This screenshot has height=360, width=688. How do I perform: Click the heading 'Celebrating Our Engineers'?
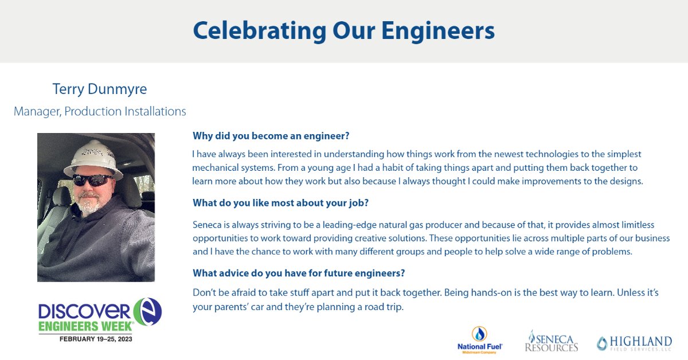343,30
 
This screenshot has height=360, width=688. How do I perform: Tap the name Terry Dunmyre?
100,89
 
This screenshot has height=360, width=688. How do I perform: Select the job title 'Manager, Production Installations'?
100,111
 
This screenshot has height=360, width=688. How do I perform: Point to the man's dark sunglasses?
92,179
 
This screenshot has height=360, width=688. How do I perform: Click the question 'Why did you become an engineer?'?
271,136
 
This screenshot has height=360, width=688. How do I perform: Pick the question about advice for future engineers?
299,272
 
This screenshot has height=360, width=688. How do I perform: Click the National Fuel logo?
480,341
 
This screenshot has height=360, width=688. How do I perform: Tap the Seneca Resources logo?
551,341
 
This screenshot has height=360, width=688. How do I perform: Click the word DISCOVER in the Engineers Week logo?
84,312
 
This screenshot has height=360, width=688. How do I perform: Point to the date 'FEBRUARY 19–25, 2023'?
95,339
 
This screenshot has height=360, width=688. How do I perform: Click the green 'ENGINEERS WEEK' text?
86,326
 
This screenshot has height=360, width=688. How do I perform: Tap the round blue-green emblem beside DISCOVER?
147,312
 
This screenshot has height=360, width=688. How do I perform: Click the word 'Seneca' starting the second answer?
205,225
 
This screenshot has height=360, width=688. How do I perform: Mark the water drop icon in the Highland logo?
602,343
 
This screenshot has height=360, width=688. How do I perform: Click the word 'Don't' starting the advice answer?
203,293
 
